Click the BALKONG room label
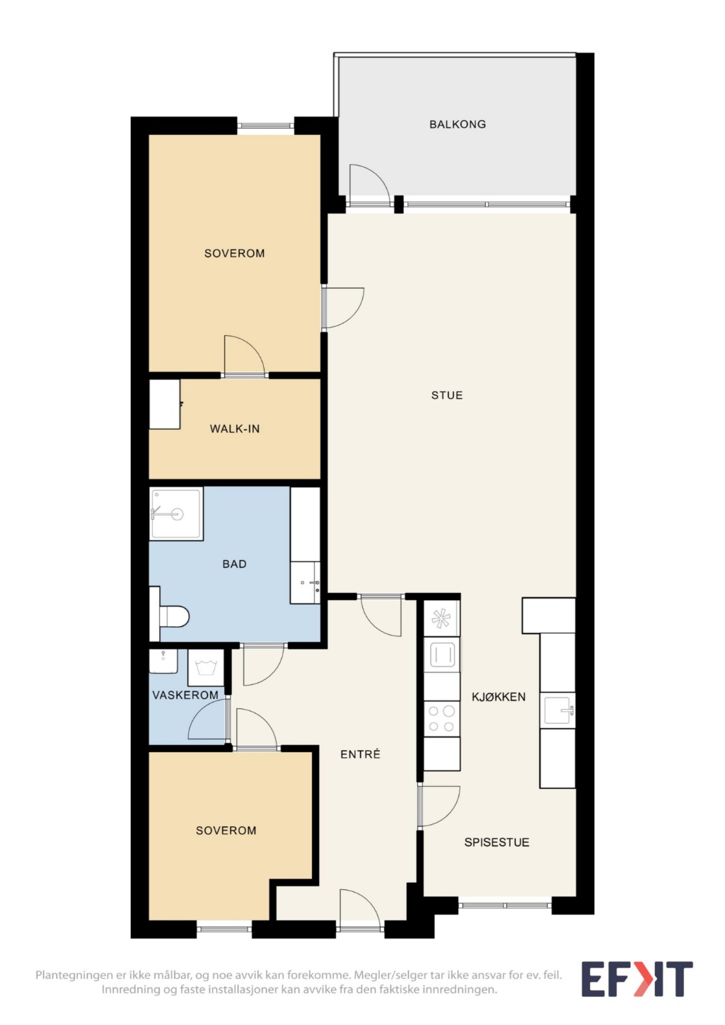[457, 124]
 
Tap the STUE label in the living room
[446, 395]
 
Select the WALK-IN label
[235, 429]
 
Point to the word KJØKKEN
[498, 697]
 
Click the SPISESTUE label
[497, 843]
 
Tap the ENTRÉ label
[360, 754]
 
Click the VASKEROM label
[185, 695]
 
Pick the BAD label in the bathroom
[234, 564]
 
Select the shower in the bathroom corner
[176, 514]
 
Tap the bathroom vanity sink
[305, 583]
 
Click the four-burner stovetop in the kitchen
[441, 719]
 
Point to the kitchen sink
[557, 710]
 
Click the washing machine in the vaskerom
[206, 667]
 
